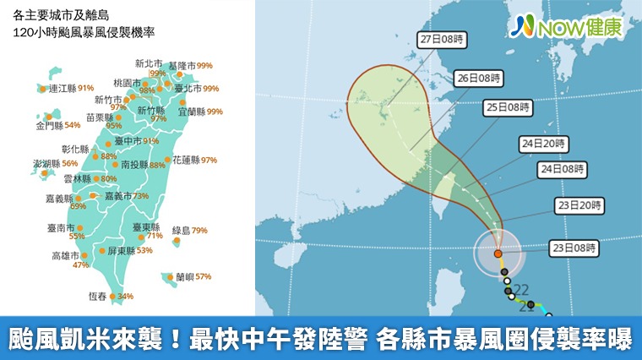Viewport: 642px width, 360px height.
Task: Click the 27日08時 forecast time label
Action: click(443, 39)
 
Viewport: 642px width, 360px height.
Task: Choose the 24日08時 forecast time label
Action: click(562, 169)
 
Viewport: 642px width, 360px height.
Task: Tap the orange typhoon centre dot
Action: click(498, 253)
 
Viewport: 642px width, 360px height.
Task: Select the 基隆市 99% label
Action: click(190, 65)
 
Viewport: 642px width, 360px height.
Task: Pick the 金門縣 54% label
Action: click(57, 125)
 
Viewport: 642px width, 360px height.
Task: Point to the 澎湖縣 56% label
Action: click(55, 163)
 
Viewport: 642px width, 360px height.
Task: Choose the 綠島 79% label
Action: click(190, 230)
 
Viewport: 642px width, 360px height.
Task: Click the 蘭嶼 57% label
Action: click(193, 276)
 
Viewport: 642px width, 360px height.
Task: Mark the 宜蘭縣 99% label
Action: click(200, 111)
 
